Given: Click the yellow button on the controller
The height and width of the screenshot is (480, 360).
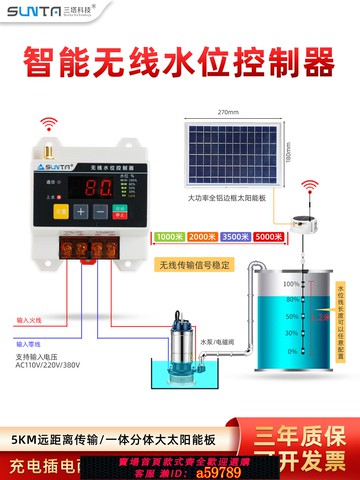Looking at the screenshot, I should point(61,211).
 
